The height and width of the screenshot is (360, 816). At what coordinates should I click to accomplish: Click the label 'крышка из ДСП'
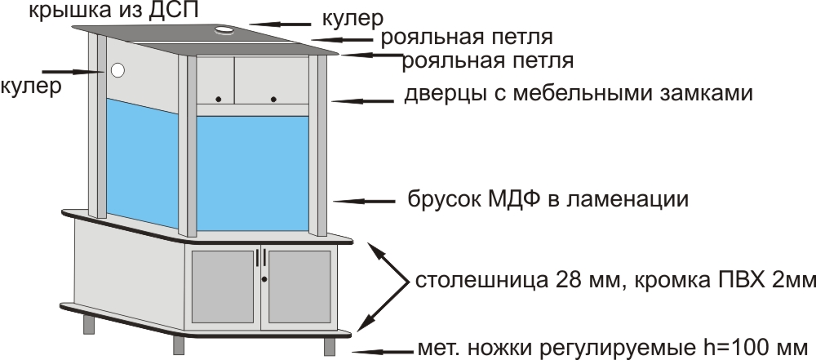[113, 11]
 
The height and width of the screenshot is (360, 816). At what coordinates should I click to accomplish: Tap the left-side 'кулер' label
[30, 86]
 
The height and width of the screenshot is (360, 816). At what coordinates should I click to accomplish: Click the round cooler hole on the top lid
[224, 31]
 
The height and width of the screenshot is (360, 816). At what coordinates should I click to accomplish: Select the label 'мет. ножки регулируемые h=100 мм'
[612, 343]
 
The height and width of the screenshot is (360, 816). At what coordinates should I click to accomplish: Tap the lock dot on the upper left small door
[218, 99]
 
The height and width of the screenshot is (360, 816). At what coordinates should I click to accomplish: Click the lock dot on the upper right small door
[273, 99]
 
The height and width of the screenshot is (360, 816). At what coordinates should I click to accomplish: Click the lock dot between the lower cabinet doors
[264, 279]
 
